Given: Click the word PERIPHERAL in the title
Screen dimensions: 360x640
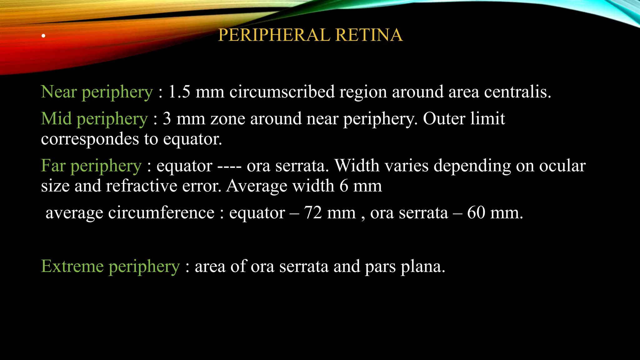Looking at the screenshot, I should [274, 35].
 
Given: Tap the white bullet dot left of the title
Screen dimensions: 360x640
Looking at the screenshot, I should [43, 36].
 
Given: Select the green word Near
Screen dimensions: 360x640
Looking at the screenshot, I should [59, 92].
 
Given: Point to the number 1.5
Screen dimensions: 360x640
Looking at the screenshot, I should [179, 92].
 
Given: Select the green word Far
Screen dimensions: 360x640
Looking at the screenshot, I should [53, 166].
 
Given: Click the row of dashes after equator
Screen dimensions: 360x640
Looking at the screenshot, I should [229, 166].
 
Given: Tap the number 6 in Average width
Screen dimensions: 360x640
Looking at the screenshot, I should [344, 186].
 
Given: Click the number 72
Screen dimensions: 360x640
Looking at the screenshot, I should [313, 213].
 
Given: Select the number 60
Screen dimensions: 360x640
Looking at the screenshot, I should [476, 213].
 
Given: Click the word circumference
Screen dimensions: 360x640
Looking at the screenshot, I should [161, 213].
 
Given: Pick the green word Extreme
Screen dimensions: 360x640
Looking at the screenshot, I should [72, 266].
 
